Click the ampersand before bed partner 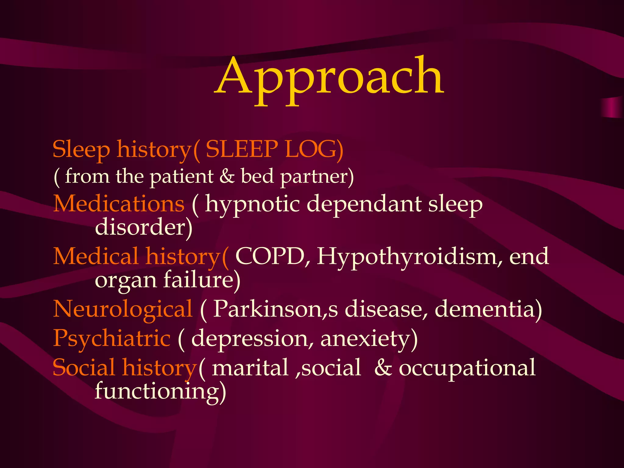coord(227,176)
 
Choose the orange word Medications coord(119,204)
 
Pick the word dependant coord(364,204)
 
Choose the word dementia coord(484,309)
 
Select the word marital coord(250,367)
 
